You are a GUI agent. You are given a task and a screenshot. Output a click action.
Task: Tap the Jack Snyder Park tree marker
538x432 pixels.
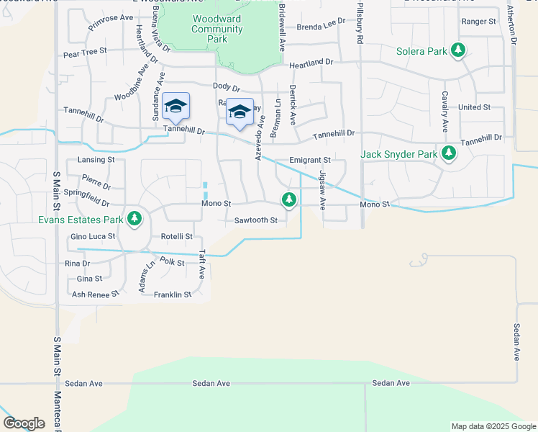click(x=449, y=153)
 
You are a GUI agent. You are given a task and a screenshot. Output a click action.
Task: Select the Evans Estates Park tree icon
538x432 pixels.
click(x=133, y=217)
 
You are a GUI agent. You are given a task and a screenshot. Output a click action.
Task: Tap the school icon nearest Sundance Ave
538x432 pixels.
click(x=175, y=107)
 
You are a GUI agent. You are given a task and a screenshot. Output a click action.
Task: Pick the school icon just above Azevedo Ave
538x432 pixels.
click(x=240, y=112)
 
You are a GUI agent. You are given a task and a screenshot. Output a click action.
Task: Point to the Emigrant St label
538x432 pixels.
click(x=309, y=160)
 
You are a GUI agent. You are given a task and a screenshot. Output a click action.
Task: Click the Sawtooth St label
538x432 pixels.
click(x=255, y=220)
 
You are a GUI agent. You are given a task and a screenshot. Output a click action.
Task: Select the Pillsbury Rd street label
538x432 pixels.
click(x=358, y=25)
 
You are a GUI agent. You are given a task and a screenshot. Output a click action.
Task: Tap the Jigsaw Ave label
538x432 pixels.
click(x=322, y=190)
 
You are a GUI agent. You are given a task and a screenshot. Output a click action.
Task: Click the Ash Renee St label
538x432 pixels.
click(x=91, y=294)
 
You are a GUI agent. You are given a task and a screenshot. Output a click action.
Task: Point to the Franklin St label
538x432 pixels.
click(x=173, y=294)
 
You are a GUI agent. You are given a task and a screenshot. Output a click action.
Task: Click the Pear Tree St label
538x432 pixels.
click(x=85, y=52)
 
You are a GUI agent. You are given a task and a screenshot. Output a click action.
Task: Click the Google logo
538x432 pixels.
click(x=24, y=423)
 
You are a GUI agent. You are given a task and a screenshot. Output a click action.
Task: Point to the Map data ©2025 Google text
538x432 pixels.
click(x=493, y=426)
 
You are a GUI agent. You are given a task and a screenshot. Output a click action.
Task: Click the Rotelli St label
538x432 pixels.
click(x=177, y=236)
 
